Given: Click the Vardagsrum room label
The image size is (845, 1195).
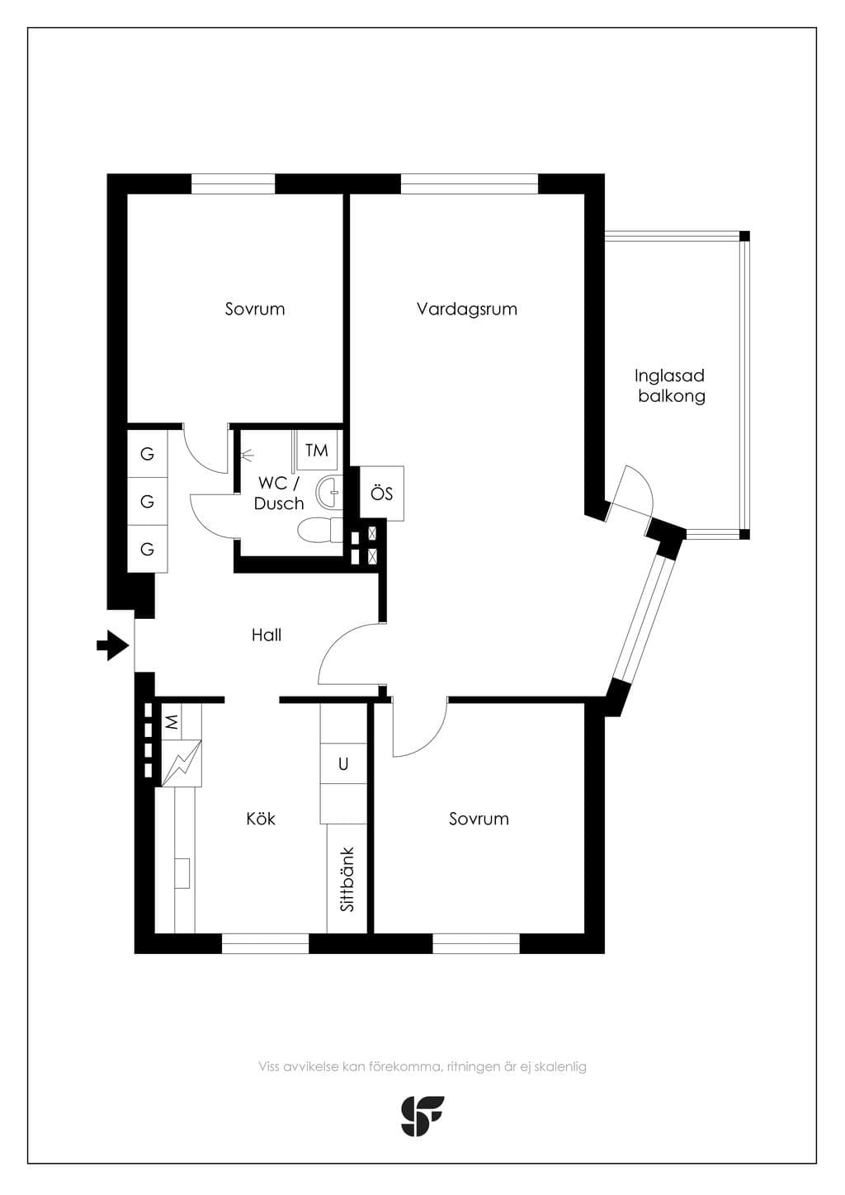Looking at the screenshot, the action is coord(467,309).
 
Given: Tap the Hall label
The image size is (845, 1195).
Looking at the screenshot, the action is coord(267,635).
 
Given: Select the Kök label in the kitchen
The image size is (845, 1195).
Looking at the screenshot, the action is coord(261,819).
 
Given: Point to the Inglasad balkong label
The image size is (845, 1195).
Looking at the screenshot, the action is coord(671,385).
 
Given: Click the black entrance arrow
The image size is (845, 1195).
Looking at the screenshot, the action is coord(113,645).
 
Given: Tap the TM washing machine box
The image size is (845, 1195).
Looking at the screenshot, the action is coord(317,451).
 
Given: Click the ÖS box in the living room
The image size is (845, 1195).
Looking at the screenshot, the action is coord(381,494).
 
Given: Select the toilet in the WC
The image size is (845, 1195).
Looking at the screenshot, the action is coord(320,531).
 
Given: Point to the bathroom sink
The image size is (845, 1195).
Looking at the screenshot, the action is coord(329,491).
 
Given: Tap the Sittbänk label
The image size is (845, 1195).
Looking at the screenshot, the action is coord(347,879).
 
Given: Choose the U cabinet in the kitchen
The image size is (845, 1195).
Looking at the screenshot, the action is coord(343,764).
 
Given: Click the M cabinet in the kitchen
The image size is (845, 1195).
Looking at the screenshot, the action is coord(172,722).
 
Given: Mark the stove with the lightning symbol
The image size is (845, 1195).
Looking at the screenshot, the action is coord(182,763).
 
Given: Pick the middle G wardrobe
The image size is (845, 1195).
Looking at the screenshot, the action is coord(147,502).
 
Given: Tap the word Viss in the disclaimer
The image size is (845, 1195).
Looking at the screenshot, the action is coord(269,1066).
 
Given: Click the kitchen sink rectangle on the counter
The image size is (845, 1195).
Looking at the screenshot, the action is coord(182,873).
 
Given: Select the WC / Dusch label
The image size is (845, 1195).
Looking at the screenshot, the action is coord(279,493).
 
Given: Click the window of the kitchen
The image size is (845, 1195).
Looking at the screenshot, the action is coord(265,943).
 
